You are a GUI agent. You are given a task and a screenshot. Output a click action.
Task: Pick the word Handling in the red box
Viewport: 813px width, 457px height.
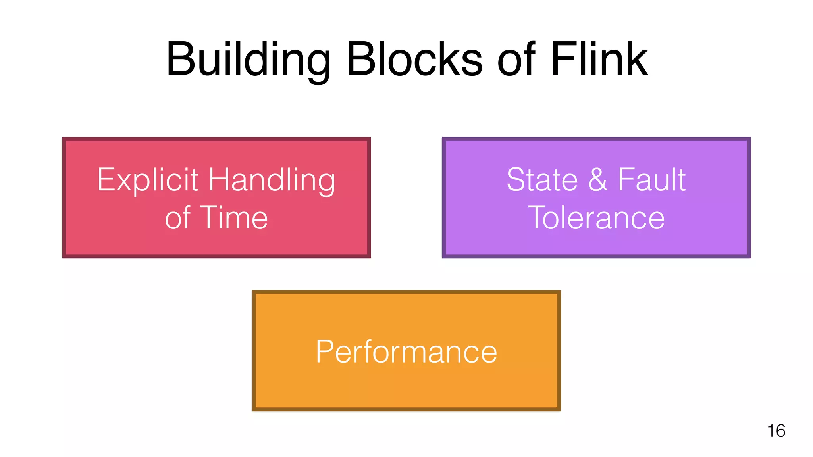tap(272, 180)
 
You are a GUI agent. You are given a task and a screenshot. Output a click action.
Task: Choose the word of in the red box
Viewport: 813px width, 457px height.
tap(178, 218)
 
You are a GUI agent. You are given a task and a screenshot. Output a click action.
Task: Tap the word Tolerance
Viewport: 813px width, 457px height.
tap(596, 218)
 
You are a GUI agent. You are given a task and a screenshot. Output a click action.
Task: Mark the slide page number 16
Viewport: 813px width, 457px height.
tap(776, 431)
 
